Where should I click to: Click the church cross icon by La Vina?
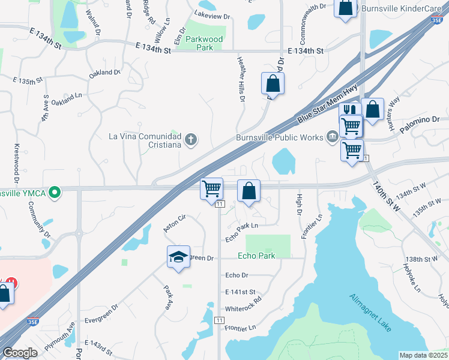(191, 140)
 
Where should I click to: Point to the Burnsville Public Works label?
(279, 137)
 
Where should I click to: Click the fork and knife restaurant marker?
(350, 111)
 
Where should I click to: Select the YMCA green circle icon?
(55, 193)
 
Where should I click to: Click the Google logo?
(20, 353)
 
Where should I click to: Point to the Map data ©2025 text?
(423, 355)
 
